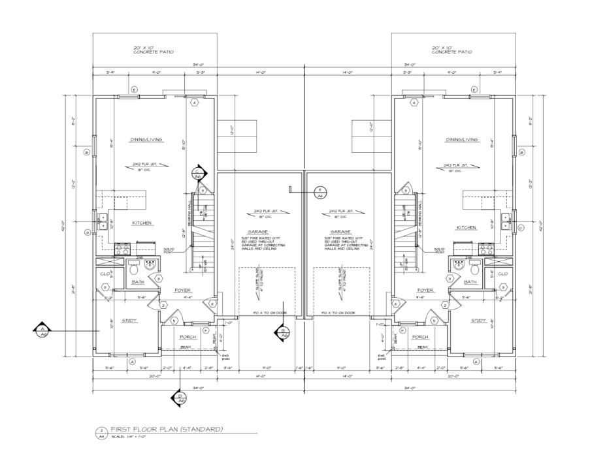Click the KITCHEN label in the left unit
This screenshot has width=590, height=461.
coord(142,223)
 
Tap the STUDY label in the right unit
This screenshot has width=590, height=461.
coord(479,321)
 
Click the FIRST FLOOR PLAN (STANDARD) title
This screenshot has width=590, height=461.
coord(167,429)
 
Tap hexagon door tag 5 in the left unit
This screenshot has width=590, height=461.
coord(174,321)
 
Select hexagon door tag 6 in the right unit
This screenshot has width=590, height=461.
coord(395,303)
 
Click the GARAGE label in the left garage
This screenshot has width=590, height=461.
coord(260,231)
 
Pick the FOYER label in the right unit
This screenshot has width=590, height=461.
coord(425,291)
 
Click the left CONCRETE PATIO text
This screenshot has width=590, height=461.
coord(153,52)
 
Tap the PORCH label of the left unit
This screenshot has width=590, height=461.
coord(188,337)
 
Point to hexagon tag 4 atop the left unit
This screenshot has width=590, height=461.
coord(194,103)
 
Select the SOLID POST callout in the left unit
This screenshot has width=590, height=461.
coord(169,250)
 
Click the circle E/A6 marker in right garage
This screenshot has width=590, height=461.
coord(321,192)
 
